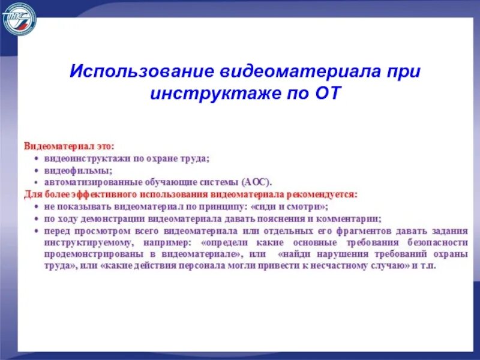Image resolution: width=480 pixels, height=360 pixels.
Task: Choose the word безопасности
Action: (434, 242)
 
